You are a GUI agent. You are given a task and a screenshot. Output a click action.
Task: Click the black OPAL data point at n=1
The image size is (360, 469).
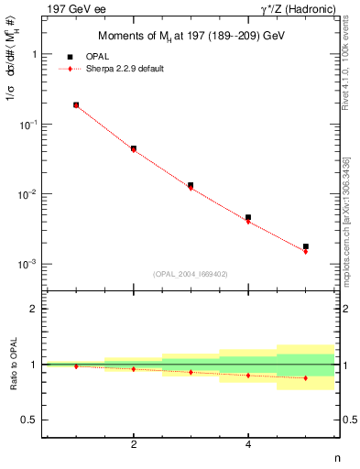76,105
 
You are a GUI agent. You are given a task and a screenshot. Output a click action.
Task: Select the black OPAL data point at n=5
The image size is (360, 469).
306,246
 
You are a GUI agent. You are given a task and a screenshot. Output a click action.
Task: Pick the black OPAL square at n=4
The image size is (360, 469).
248,217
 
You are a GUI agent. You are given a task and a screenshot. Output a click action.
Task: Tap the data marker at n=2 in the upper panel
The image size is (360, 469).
134,148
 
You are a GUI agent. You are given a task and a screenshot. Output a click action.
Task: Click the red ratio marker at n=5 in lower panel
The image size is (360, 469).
306,378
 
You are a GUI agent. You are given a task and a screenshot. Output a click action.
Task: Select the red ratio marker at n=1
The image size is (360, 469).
76,366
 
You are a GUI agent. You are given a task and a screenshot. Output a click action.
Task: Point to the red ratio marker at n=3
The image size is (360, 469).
191,372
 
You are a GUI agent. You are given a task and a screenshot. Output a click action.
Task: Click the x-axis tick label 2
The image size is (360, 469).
134,444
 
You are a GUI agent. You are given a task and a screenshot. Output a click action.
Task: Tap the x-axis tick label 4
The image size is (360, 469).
248,444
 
